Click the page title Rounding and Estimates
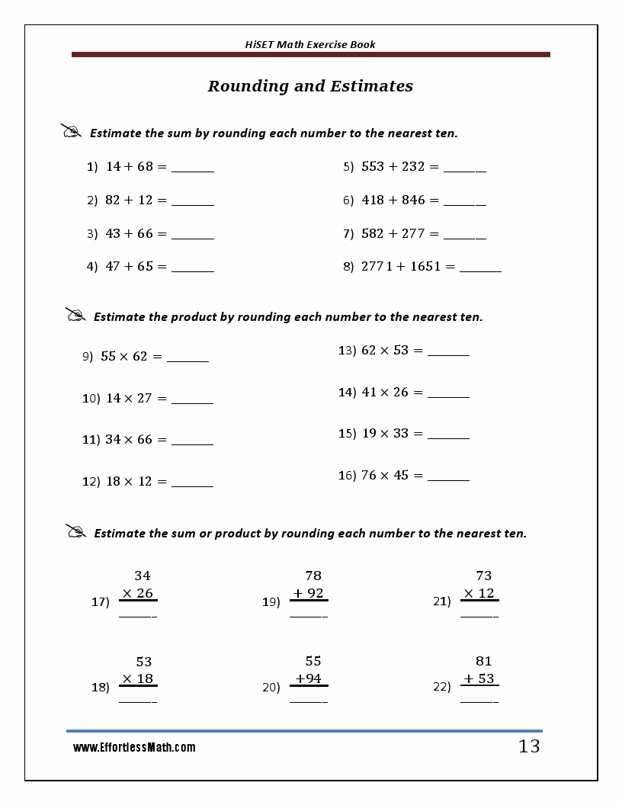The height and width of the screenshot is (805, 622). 310,86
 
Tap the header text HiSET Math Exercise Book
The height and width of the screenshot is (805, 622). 310,44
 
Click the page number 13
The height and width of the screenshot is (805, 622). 529,747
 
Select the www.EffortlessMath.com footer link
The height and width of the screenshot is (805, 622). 134,748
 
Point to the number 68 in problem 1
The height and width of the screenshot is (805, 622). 145,166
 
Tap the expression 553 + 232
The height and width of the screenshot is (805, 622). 393,166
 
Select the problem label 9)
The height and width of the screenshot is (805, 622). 88,356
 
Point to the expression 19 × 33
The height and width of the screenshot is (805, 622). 385,433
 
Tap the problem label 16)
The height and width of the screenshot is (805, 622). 347,476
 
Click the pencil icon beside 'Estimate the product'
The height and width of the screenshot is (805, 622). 75,315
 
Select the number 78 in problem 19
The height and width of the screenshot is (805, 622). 313,576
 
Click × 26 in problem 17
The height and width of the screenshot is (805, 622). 138,593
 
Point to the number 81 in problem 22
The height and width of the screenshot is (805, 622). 484,661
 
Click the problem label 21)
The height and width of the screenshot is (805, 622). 442,601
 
